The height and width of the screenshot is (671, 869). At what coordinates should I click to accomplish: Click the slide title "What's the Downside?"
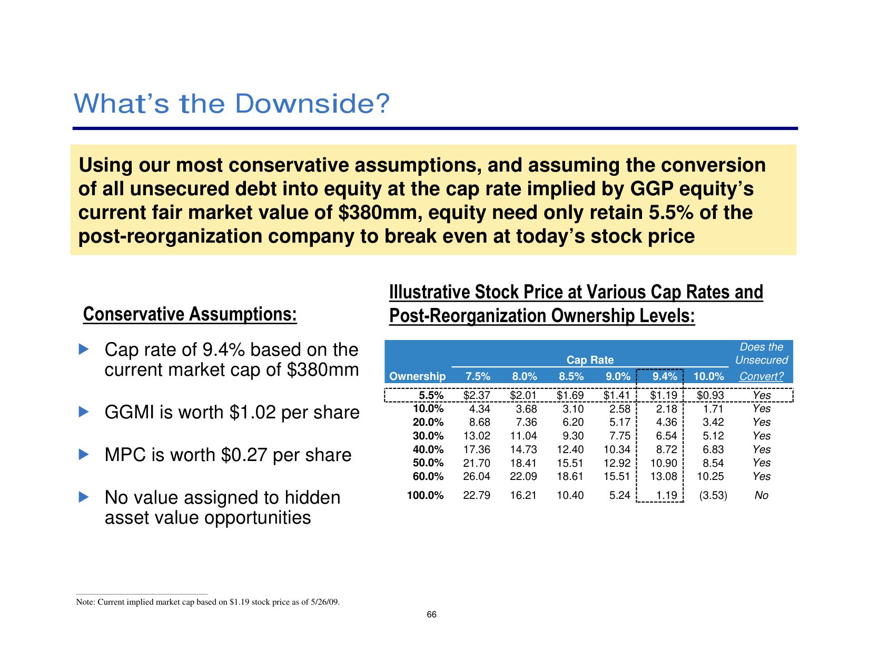pyautogui.click(x=232, y=104)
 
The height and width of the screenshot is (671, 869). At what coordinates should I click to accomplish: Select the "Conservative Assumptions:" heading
pyautogui.click(x=190, y=314)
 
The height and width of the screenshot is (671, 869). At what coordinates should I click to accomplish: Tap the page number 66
pyautogui.click(x=431, y=615)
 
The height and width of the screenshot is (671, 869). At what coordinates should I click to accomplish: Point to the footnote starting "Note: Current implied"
pyautogui.click(x=208, y=602)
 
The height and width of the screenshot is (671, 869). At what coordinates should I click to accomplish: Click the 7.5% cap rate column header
pyautogui.click(x=478, y=376)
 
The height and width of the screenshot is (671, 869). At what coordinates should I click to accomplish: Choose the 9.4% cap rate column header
pyautogui.click(x=665, y=376)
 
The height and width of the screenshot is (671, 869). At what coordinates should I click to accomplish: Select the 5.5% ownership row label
pyautogui.click(x=431, y=395)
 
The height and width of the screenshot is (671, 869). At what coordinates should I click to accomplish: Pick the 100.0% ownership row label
pyautogui.click(x=425, y=495)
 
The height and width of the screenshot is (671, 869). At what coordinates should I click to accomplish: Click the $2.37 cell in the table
pyautogui.click(x=477, y=395)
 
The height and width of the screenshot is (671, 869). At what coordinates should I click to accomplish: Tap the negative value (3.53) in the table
pyautogui.click(x=713, y=495)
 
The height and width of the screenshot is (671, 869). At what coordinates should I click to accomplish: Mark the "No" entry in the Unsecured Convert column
pyautogui.click(x=761, y=495)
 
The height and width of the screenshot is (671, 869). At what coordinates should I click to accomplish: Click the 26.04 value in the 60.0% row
pyautogui.click(x=477, y=476)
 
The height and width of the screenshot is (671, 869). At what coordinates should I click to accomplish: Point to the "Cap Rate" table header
pyautogui.click(x=590, y=360)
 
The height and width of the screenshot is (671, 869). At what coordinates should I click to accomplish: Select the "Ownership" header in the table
pyautogui.click(x=417, y=376)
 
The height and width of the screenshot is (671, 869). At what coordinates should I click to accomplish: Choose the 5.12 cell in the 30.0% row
pyautogui.click(x=713, y=436)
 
